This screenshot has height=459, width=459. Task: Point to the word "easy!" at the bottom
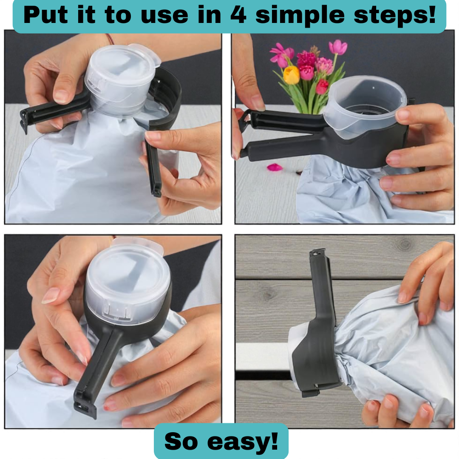click(243, 442)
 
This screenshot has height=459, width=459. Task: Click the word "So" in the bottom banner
click(181, 441)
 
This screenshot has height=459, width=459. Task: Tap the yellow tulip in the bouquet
click(291, 75)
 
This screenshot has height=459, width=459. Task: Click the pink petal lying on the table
click(275, 167)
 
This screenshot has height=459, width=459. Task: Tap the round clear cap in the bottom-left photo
click(128, 280)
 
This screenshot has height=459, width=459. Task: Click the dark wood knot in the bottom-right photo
click(405, 244)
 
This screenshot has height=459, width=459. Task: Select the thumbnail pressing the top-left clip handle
click(62, 96)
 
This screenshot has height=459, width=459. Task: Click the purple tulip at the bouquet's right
click(338, 48)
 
